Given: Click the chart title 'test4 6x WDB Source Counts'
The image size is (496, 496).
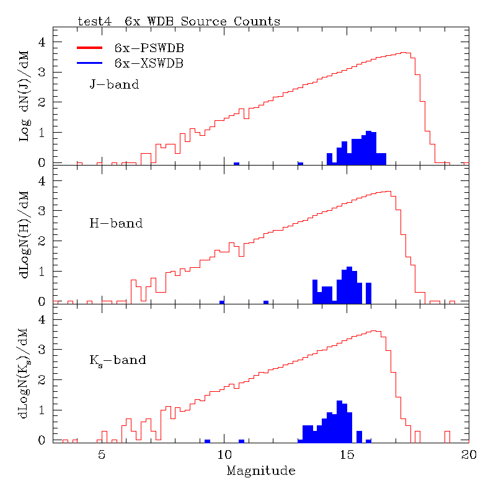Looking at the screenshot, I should click(179, 21).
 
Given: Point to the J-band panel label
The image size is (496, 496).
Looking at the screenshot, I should click(114, 84).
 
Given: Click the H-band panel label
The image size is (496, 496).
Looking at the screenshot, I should click(116, 223).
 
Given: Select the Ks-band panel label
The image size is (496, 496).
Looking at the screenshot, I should click(118, 360).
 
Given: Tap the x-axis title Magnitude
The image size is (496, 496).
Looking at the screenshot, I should click(260, 471).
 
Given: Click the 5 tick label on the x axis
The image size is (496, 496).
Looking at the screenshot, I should click(102, 454).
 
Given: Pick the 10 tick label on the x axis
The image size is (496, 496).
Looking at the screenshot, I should click(224, 454).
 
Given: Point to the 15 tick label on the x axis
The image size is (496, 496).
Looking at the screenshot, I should click(346, 454).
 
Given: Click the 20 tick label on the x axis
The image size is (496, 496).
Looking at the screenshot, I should click(469, 454).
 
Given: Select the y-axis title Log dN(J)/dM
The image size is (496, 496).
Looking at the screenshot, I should click(25, 97).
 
